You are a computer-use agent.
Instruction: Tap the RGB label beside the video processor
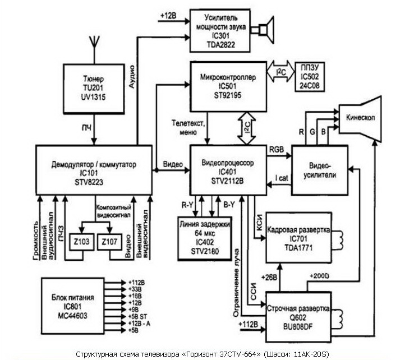[x=277, y=150]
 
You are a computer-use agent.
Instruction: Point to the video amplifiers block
[x=317, y=169]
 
